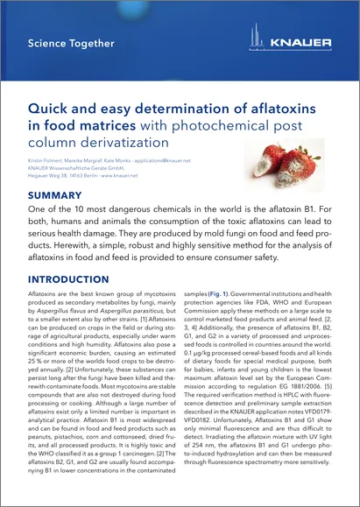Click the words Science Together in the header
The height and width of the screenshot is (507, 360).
tap(71, 43)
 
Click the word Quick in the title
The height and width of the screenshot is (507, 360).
tap(51, 108)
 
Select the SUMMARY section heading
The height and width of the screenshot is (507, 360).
tap(58, 195)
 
